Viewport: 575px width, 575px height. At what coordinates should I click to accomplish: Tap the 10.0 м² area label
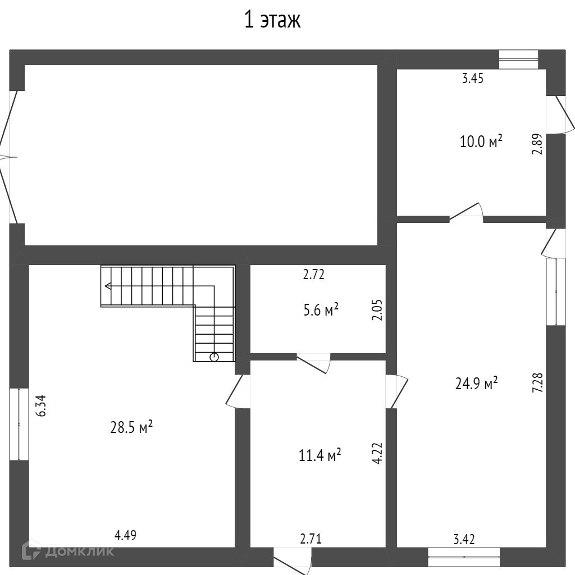[x=481, y=141]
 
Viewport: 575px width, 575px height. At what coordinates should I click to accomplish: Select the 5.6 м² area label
[x=321, y=309]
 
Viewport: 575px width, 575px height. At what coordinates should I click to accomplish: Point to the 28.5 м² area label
[x=132, y=427]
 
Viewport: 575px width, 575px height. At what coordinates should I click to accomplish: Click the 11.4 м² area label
[x=320, y=455]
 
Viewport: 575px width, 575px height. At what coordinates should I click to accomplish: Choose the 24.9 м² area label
[x=476, y=384]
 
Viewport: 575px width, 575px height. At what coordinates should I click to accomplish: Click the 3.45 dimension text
[x=473, y=79]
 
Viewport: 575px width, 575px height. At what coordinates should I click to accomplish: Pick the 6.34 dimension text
[x=40, y=405]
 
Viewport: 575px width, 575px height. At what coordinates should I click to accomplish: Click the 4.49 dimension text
[x=125, y=535]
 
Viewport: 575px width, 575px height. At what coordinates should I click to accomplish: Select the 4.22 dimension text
[x=377, y=453]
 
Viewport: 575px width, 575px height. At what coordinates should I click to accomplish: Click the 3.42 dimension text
[x=464, y=540]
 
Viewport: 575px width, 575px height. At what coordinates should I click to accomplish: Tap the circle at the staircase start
[x=214, y=357]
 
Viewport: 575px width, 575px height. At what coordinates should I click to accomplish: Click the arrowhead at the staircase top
[x=107, y=286]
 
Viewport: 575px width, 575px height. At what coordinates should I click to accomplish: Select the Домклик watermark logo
[x=67, y=551]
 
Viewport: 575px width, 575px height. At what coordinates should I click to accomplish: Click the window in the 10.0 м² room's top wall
[x=518, y=59]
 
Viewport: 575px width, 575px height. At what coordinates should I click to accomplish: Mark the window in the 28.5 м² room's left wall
[x=19, y=424]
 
